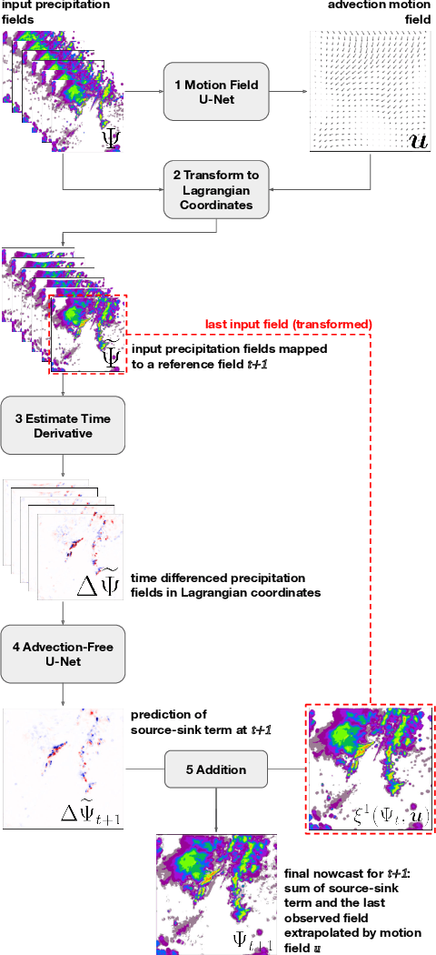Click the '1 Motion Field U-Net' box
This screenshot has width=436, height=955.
point(217,91)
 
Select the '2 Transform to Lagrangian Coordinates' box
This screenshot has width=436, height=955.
point(217,190)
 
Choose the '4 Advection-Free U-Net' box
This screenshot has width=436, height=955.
point(63,652)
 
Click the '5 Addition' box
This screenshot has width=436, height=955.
point(216,769)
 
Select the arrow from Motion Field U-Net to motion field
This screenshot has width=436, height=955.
point(288,91)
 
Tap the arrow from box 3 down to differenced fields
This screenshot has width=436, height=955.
point(63,465)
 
